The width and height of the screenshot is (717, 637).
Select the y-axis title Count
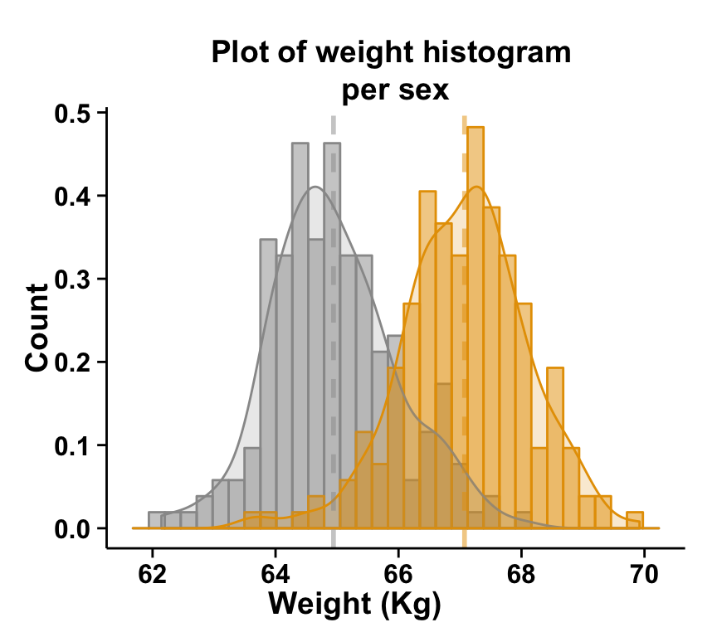point(37,327)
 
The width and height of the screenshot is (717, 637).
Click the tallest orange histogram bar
point(476,332)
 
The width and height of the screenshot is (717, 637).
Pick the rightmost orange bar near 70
point(635,520)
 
